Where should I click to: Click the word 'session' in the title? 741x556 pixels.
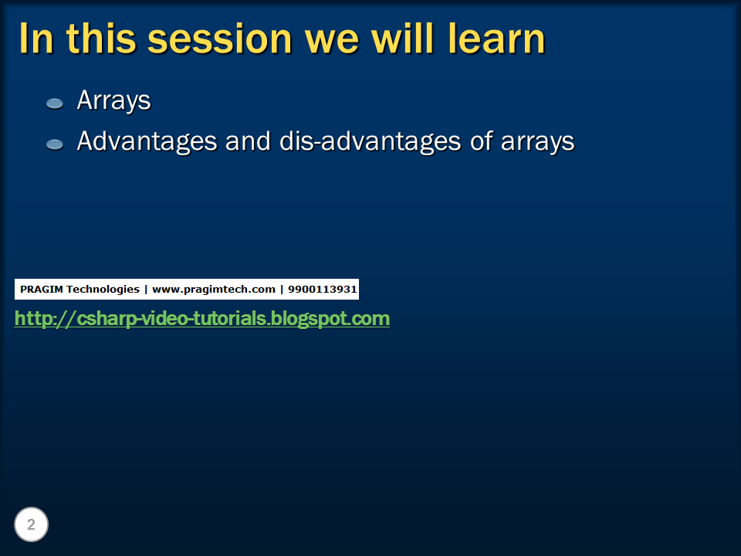click(218, 39)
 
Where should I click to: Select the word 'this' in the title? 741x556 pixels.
click(100, 39)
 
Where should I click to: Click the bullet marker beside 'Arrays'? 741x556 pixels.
click(55, 103)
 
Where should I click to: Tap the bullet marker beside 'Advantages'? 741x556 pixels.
click(55, 144)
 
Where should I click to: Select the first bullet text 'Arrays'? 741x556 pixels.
click(113, 101)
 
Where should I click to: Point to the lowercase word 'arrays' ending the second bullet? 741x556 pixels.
click(537, 143)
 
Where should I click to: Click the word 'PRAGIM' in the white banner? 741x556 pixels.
click(41, 290)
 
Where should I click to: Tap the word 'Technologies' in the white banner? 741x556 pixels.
click(103, 290)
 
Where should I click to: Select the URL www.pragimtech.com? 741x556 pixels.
click(214, 290)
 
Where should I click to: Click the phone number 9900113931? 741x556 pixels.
click(323, 290)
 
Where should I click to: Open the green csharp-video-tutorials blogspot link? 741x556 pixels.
click(202, 318)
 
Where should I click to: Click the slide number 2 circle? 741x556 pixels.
click(31, 525)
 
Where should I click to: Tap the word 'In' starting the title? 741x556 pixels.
click(36, 39)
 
